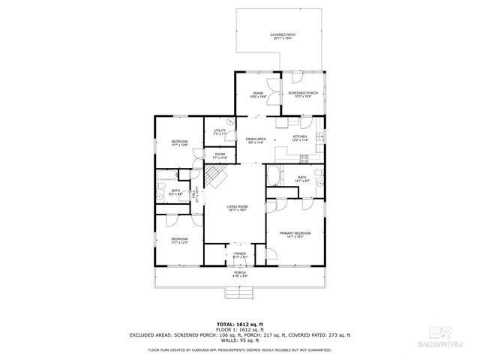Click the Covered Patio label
(x=282, y=37)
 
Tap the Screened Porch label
(x=303, y=94)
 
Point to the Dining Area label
(x=256, y=140)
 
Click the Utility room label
(x=220, y=133)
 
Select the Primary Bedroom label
(x=296, y=235)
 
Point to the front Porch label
(x=240, y=274)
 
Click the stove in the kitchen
(x=304, y=158)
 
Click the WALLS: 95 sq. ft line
(x=240, y=340)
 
